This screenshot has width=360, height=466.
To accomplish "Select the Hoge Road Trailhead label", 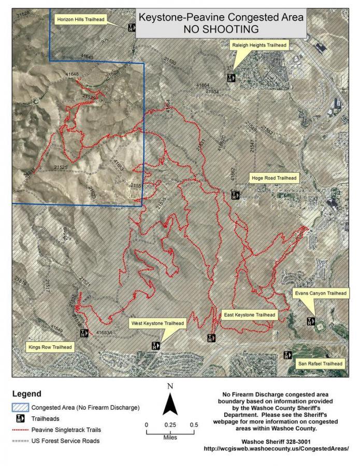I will click(274, 178).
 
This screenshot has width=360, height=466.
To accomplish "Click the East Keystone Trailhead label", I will click(249, 314).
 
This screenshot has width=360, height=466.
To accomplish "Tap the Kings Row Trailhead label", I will click(50, 346).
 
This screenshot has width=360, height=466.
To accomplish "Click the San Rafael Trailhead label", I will click(320, 363).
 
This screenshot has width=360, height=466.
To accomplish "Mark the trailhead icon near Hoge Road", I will click(236, 195).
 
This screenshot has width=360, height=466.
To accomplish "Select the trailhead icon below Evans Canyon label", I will click(311, 321).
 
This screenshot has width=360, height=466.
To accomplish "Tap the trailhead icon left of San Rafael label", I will click(288, 355).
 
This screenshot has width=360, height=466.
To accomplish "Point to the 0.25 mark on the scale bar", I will click(170, 425).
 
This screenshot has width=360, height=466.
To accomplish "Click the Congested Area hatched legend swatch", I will click(20, 407).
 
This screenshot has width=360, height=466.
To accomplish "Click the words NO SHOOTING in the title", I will click(221, 28).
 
